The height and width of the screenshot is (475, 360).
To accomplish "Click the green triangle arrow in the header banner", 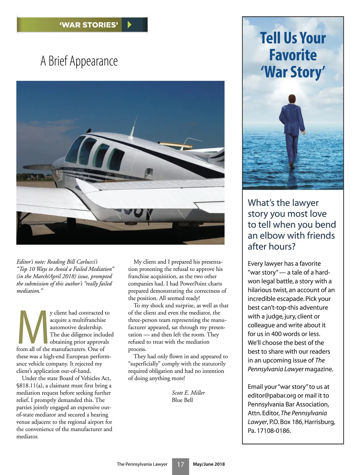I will click(130, 25).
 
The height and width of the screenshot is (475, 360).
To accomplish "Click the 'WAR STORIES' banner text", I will click(89, 25).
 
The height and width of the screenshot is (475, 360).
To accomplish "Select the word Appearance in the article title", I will click(94, 61).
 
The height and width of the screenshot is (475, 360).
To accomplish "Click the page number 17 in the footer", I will click(180, 464).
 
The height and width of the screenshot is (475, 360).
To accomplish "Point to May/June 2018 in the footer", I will click(209, 464).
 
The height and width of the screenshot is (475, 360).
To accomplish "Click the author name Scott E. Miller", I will click(188, 393).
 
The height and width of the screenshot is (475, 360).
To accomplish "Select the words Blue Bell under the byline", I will click(182, 400).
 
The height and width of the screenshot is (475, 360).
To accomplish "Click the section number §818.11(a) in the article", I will click(29, 386).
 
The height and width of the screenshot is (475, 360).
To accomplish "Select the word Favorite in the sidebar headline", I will click(293, 55).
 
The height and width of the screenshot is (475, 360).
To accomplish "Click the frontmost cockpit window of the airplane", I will click(74, 149).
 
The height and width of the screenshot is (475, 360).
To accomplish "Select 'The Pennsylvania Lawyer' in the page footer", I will click(142, 464).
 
